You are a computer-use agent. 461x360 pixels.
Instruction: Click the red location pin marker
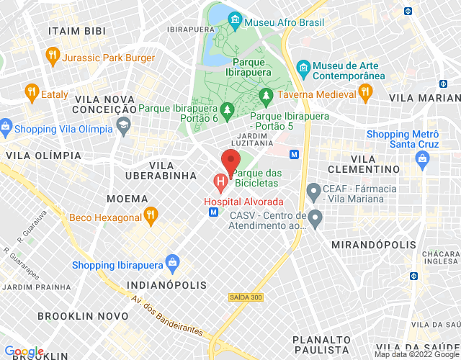click(x=230, y=161)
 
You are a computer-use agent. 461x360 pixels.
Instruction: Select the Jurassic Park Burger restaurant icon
click(x=52, y=55)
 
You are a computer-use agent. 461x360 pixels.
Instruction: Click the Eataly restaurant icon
click(x=31, y=92)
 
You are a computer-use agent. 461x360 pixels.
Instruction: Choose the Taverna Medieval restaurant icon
click(x=364, y=92)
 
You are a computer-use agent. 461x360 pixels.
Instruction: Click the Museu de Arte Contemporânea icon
click(x=304, y=67)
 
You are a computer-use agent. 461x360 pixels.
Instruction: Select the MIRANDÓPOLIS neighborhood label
click(x=373, y=246)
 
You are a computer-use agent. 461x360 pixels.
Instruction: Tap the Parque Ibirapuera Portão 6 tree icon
click(x=228, y=109)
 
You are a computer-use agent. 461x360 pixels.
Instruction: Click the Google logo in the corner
click(x=24, y=352)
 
